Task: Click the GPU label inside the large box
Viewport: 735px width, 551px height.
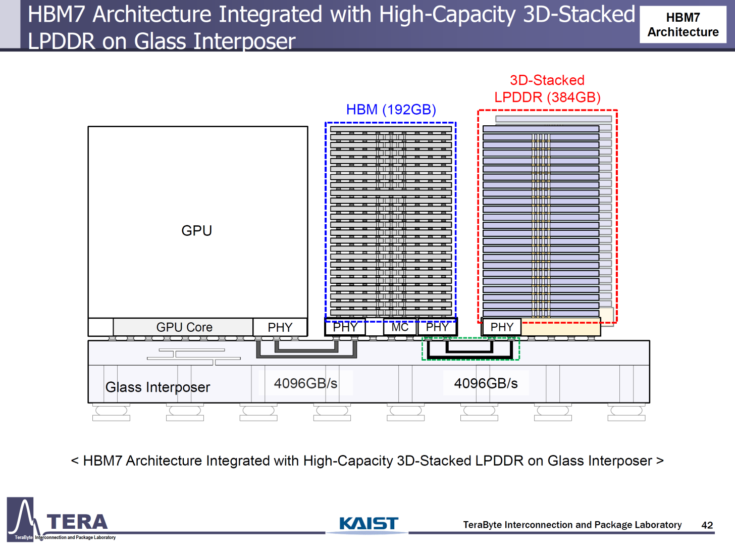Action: pyautogui.click(x=196, y=231)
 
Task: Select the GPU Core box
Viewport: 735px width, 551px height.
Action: pyautogui.click(x=184, y=327)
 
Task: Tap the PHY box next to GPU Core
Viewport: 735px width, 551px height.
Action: pyautogui.click(x=280, y=327)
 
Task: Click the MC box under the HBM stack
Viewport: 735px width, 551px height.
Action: pyautogui.click(x=400, y=327)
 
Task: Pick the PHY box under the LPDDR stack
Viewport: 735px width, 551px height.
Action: pyautogui.click(x=502, y=327)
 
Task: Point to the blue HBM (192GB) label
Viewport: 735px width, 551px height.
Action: pyautogui.click(x=391, y=110)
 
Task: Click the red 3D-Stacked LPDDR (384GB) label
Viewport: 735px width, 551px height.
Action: pyautogui.click(x=547, y=89)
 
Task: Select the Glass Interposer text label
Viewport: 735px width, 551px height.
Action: pyautogui.click(x=157, y=387)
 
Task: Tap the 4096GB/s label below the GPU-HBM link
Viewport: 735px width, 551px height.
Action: pyautogui.click(x=305, y=383)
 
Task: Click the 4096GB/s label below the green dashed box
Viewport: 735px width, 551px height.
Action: pyautogui.click(x=486, y=383)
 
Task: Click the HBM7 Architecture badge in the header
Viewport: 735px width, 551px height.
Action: pyautogui.click(x=682, y=25)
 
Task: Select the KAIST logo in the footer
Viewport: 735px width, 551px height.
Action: pyautogui.click(x=369, y=524)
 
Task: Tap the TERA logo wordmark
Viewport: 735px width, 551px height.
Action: pyautogui.click(x=77, y=522)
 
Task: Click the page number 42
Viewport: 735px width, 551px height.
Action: pyautogui.click(x=707, y=525)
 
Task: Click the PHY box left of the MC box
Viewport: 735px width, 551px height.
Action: pyautogui.click(x=345, y=327)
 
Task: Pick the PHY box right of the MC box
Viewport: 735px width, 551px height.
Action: pyautogui.click(x=437, y=327)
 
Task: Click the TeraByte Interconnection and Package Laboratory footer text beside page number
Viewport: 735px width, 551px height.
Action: pyautogui.click(x=572, y=525)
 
